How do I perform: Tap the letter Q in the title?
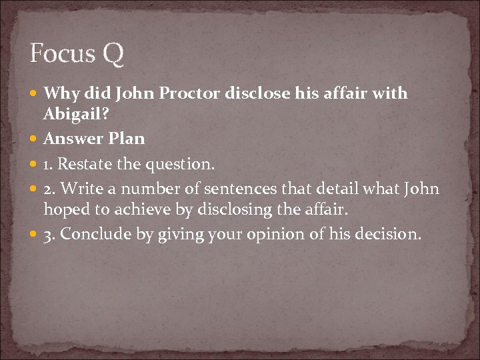click(x=113, y=54)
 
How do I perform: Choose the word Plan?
click(x=125, y=139)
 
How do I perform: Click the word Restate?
click(x=85, y=163)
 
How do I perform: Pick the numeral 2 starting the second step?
click(x=47, y=189)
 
